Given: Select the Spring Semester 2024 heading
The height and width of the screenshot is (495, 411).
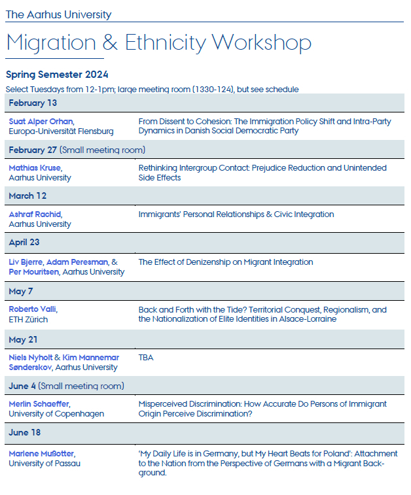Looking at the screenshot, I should click(57, 75).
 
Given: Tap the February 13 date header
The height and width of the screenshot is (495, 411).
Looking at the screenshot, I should click(33, 103).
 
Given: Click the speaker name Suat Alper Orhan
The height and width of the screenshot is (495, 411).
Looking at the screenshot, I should click(41, 122).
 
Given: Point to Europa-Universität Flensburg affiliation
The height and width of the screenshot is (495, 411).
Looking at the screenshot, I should click(61, 131).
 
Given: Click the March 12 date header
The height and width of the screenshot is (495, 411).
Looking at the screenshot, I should click(27, 196).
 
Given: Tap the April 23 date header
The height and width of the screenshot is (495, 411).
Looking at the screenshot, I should click(24, 242).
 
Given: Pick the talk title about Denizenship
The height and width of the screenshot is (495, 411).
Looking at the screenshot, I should click(226, 262).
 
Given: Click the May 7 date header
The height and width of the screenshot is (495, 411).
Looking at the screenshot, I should click(22, 290).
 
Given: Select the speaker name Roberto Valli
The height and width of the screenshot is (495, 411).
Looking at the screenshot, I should click(33, 310).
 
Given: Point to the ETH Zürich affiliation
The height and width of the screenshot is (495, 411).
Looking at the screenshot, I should click(28, 320).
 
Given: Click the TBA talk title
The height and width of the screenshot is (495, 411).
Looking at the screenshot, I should click(147, 358).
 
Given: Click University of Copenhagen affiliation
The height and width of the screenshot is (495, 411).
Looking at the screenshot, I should click(56, 413).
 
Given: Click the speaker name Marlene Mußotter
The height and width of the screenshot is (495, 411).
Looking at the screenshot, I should click(41, 454).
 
